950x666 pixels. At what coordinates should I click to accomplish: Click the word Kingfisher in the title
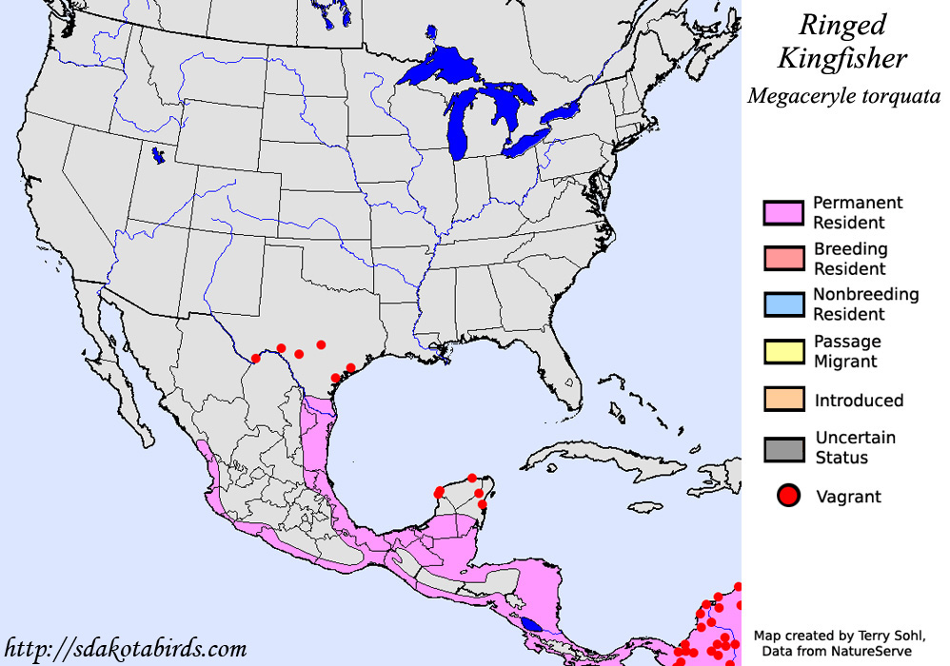point(842,59)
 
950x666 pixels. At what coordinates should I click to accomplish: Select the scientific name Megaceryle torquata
point(843,96)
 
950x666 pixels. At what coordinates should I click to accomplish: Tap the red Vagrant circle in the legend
point(788,496)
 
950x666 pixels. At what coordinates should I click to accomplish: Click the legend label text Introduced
point(859,401)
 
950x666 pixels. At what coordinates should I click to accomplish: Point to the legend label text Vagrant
point(848,496)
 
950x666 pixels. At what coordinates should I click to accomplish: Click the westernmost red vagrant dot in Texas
point(255,359)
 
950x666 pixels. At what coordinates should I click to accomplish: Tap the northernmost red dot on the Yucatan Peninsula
point(472,478)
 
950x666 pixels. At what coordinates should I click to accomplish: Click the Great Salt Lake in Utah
point(157,154)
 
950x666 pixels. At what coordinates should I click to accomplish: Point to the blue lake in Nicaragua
point(533,624)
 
